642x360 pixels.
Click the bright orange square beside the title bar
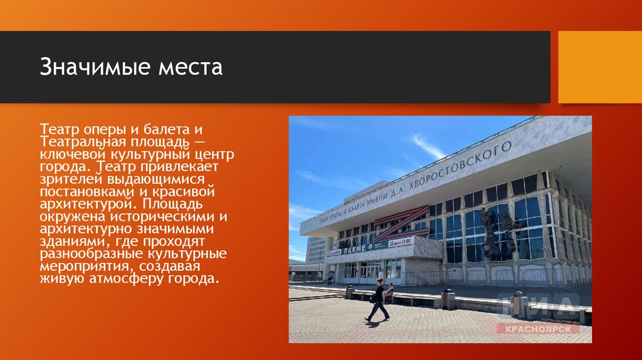600,67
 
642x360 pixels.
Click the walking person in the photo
378,300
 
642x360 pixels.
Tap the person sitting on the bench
389,292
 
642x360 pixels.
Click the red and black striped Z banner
401,224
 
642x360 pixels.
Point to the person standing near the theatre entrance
330,277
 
